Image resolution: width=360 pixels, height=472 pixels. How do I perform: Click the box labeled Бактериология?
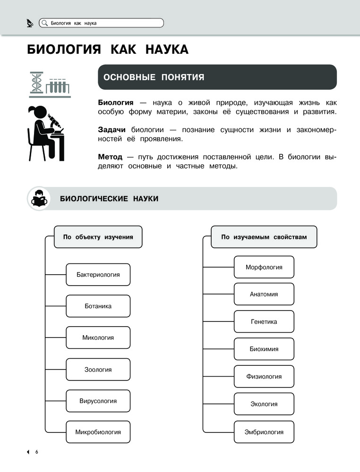(98, 275)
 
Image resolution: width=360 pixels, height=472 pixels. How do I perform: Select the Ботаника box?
(98, 306)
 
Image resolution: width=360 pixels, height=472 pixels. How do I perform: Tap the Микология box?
(98, 338)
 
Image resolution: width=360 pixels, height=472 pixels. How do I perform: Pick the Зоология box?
(98, 370)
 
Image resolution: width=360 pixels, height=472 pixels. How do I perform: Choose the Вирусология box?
(98, 401)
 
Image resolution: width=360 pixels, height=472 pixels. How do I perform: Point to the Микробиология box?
(98, 432)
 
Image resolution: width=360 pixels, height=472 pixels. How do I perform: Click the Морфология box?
(264, 267)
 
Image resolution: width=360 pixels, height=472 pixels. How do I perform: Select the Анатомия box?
(264, 294)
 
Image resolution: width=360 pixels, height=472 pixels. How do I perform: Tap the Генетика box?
(264, 322)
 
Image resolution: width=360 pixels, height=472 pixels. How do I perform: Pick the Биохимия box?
(264, 349)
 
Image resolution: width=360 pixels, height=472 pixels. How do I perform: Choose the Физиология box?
(264, 377)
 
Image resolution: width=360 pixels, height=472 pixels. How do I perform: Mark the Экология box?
(264, 404)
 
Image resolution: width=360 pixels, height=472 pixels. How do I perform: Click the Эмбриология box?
(264, 432)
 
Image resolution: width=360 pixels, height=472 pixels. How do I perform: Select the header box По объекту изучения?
(98, 237)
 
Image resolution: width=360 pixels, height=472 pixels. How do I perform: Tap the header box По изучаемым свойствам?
(264, 237)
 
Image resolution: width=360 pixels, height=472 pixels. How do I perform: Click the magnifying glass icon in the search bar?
(44, 23)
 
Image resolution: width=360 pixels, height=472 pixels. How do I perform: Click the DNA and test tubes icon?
(50, 84)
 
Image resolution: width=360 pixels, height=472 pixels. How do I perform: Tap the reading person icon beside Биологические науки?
(39, 199)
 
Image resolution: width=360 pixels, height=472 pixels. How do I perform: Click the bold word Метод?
(110, 157)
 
